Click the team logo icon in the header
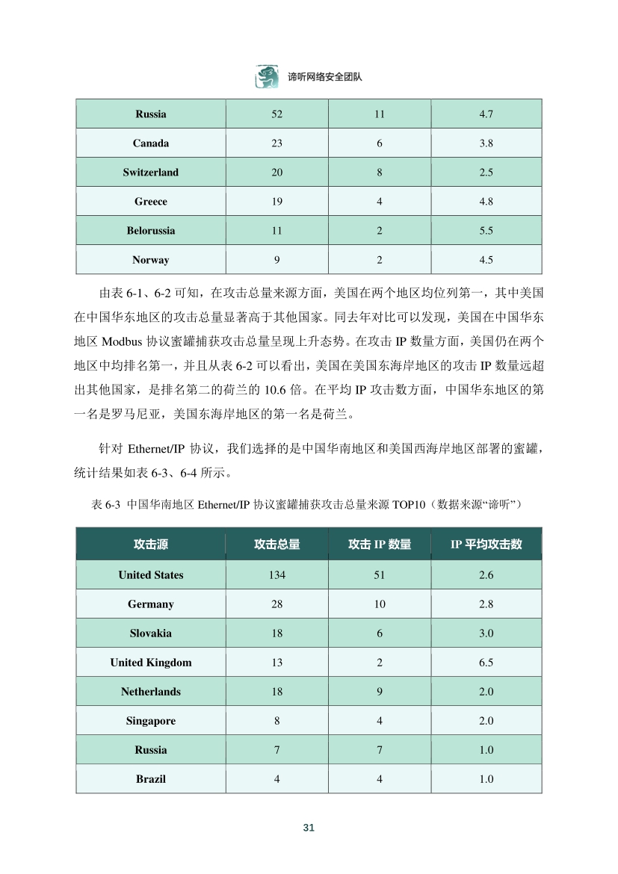click(267, 77)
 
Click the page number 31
click(309, 828)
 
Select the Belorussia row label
click(151, 231)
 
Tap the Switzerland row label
click(151, 173)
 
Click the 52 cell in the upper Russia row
click(276, 114)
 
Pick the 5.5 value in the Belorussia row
click(486, 231)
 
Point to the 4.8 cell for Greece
click(486, 202)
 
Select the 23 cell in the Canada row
click(276, 143)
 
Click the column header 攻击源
click(151, 545)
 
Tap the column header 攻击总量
click(276, 545)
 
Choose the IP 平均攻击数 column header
click(486, 545)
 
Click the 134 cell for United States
click(276, 575)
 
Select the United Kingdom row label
click(151, 663)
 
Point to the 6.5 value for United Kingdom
click(486, 663)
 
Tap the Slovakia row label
click(151, 633)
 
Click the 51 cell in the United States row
click(380, 575)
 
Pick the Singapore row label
click(151, 721)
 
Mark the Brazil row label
click(151, 779)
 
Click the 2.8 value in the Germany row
click(486, 604)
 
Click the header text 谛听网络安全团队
click(324, 77)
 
